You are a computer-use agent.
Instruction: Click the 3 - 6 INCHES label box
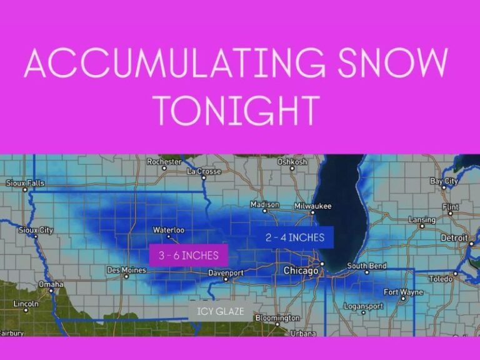[189, 255]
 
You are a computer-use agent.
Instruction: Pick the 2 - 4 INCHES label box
[295, 237]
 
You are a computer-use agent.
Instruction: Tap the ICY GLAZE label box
[221, 311]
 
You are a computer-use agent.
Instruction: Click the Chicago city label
[301, 271]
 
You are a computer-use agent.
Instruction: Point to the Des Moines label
[126, 270]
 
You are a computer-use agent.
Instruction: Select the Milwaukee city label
[312, 206]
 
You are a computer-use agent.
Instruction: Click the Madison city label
[264, 204]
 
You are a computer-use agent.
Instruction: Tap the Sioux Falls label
[25, 183]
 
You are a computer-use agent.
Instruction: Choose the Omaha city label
[51, 284]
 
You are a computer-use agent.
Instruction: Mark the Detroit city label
[454, 238]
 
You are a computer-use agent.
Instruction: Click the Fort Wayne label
[403, 292]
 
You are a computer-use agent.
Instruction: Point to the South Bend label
[367, 266]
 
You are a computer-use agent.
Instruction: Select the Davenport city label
[226, 273]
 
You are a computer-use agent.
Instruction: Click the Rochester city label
[164, 162]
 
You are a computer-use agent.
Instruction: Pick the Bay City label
[444, 181]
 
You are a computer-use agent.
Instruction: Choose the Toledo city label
[440, 279]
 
